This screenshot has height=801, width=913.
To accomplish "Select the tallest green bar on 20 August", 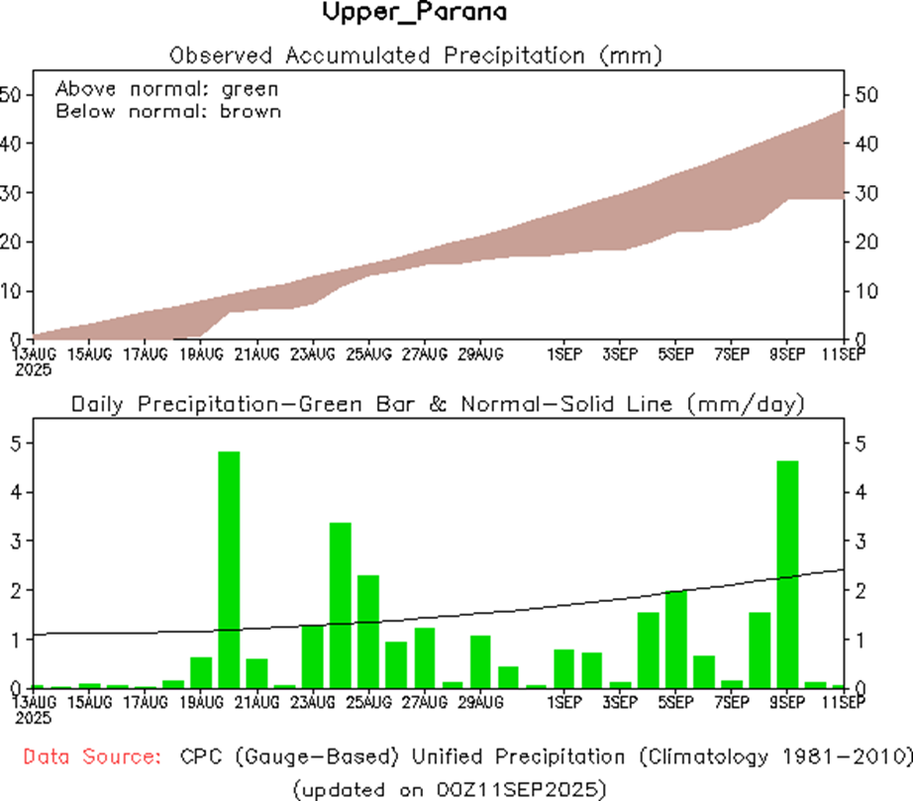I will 229,569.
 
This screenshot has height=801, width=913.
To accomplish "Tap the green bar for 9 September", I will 787,574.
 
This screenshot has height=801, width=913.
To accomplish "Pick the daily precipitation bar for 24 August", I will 341,604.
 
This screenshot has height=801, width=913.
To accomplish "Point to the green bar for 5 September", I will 676,639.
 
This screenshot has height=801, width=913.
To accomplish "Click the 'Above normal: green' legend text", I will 166,88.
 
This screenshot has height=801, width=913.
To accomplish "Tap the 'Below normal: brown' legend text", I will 168,111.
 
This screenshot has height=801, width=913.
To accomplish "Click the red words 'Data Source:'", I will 92,757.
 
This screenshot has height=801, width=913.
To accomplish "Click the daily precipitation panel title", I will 437,404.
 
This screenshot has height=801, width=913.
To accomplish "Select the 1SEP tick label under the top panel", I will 564,353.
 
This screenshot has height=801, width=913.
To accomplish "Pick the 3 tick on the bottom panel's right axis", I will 862,541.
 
